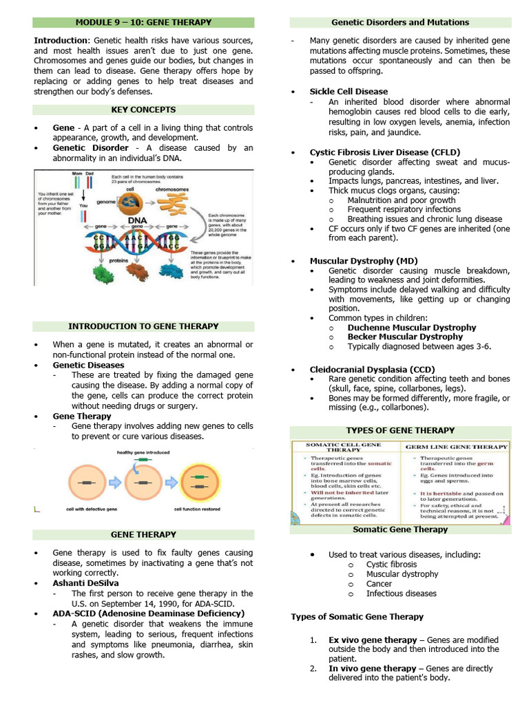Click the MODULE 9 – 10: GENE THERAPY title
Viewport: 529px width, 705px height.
coord(143,22)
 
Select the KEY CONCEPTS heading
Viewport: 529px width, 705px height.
coord(143,109)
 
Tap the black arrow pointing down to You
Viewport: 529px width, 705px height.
coord(83,194)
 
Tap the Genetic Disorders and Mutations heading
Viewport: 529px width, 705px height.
coord(400,22)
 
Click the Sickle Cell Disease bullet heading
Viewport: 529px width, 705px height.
coord(349,92)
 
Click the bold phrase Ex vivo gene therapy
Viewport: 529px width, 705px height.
coord(372,640)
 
